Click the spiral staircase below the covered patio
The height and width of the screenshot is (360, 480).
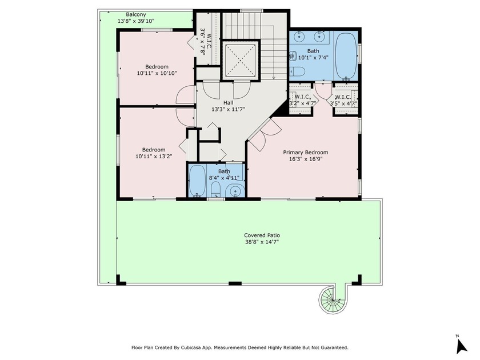click(329, 298)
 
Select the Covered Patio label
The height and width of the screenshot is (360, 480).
click(262, 235)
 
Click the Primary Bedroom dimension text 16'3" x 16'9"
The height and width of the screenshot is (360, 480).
click(306, 160)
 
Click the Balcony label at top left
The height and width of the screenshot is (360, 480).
click(136, 14)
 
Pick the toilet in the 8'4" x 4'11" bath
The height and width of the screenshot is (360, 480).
click(215, 190)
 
